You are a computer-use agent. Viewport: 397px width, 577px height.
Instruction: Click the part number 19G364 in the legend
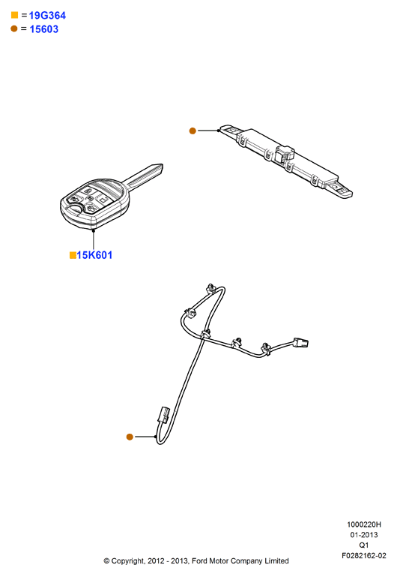click(47, 16)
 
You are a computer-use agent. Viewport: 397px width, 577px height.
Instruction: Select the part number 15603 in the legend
click(44, 29)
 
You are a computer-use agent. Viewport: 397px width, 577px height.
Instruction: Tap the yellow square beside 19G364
click(15, 15)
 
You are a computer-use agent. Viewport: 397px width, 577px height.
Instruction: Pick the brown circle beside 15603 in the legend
click(14, 29)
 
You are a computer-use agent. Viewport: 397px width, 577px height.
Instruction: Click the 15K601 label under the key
click(94, 255)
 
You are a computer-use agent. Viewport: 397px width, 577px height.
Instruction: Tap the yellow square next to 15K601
click(73, 255)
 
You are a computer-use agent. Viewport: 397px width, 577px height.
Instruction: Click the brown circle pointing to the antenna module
click(193, 131)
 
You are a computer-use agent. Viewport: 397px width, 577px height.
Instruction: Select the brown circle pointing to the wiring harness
click(130, 437)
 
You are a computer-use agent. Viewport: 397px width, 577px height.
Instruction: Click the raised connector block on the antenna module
click(284, 153)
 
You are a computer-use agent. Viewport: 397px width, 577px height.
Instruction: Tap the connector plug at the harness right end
click(301, 343)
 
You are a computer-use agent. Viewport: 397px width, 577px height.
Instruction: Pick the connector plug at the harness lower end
click(163, 414)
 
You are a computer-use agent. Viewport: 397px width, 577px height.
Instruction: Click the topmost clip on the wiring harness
click(210, 288)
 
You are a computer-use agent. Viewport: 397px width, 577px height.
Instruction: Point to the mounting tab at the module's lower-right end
click(341, 189)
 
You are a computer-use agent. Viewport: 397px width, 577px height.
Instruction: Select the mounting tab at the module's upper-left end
click(231, 131)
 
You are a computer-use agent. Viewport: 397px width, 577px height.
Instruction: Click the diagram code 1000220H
click(364, 524)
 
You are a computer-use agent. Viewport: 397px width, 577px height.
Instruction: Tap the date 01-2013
click(364, 535)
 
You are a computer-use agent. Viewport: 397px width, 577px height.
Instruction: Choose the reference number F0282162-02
click(364, 556)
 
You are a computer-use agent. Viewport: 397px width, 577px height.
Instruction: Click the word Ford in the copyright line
click(200, 560)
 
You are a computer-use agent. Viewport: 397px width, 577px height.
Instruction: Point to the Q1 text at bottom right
click(364, 545)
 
